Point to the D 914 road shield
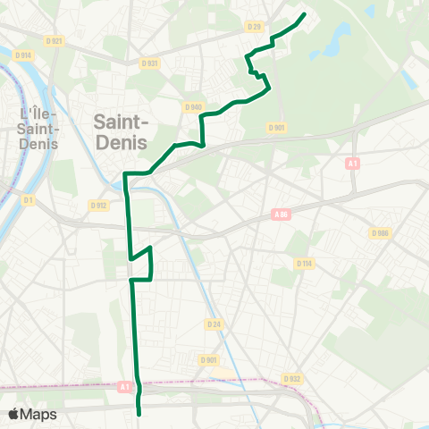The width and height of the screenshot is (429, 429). click(x=23, y=55)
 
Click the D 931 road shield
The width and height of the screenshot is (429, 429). click(x=149, y=63)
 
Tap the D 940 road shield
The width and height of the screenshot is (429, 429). click(x=193, y=106)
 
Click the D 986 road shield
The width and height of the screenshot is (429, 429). click(x=380, y=232)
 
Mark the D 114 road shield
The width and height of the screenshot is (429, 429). click(x=304, y=263)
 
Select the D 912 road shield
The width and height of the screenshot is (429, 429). click(x=98, y=205)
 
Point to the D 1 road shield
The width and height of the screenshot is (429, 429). click(x=28, y=200)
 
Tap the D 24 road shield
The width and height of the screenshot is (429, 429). click(x=213, y=324)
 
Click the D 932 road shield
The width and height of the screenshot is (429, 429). click(x=291, y=379)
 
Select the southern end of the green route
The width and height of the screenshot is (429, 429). click(x=139, y=413)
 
